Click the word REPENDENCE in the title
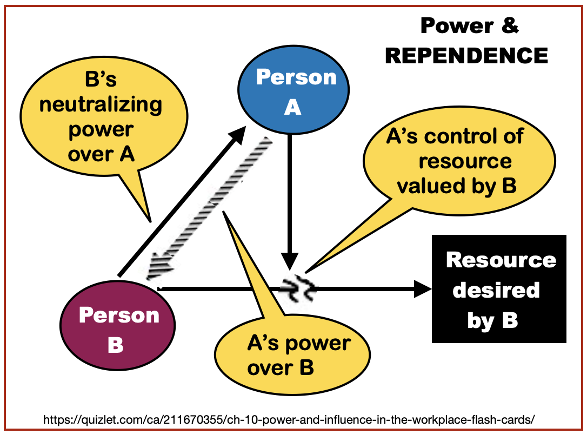(x=466, y=55)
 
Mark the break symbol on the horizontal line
(x=299, y=288)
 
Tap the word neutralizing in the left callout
(x=101, y=104)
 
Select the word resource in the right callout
(x=465, y=161)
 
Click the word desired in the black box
(x=496, y=290)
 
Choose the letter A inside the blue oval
(x=292, y=108)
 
